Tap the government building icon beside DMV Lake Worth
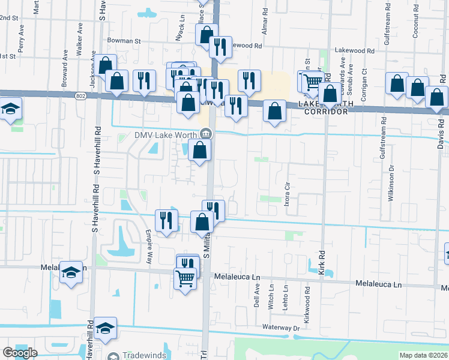point(205,133)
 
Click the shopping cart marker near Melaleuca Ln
point(185,278)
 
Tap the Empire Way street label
point(148,247)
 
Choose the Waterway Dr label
point(280,328)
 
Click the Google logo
point(20,353)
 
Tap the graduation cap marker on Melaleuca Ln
point(71,274)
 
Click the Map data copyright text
point(424,355)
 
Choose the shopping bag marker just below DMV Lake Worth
point(199,151)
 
